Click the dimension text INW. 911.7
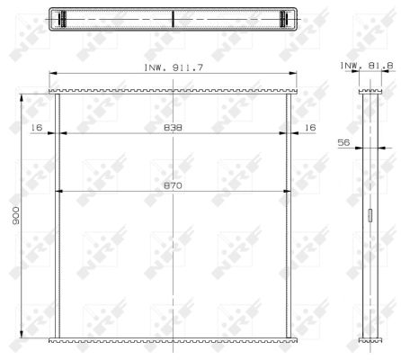pyautogui.click(x=174, y=67)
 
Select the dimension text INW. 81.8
pyautogui.click(x=366, y=66)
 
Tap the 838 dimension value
pyautogui.click(x=173, y=128)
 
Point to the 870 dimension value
pyautogui.click(x=173, y=185)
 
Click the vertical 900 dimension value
pyautogui.click(x=15, y=215)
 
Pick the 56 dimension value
pyautogui.click(x=343, y=142)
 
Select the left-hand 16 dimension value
pyautogui.click(x=36, y=128)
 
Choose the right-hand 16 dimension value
pyautogui.click(x=310, y=128)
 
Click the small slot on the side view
pyautogui.click(x=370, y=215)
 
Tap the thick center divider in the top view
pyautogui.click(x=173, y=19)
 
